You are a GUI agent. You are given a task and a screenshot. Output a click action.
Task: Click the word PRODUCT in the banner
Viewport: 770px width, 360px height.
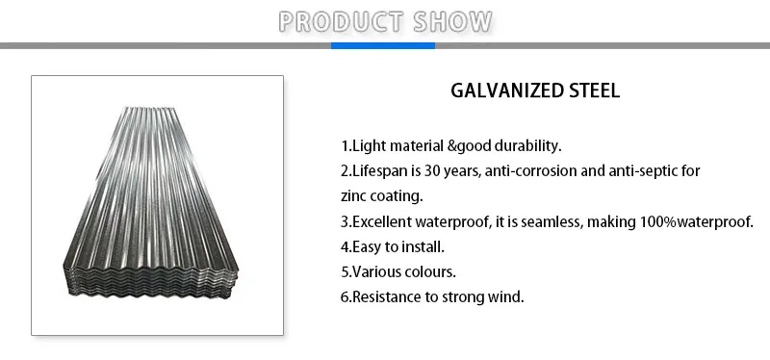coord(336,21)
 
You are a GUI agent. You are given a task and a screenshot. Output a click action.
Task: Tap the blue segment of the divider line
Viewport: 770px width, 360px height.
coord(384,45)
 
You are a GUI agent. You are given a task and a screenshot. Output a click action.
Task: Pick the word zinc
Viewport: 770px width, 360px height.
coord(356,196)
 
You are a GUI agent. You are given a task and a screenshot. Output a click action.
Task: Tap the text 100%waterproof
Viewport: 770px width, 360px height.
coord(695,221)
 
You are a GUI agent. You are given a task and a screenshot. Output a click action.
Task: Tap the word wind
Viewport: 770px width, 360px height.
coord(508,296)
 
